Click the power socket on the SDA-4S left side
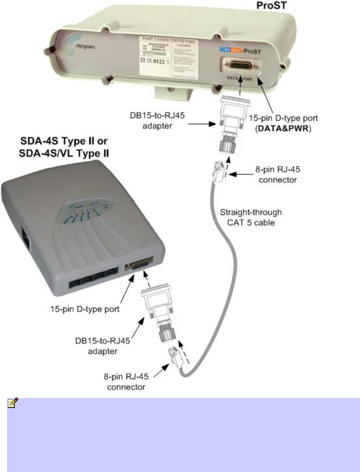pos(26,238)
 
